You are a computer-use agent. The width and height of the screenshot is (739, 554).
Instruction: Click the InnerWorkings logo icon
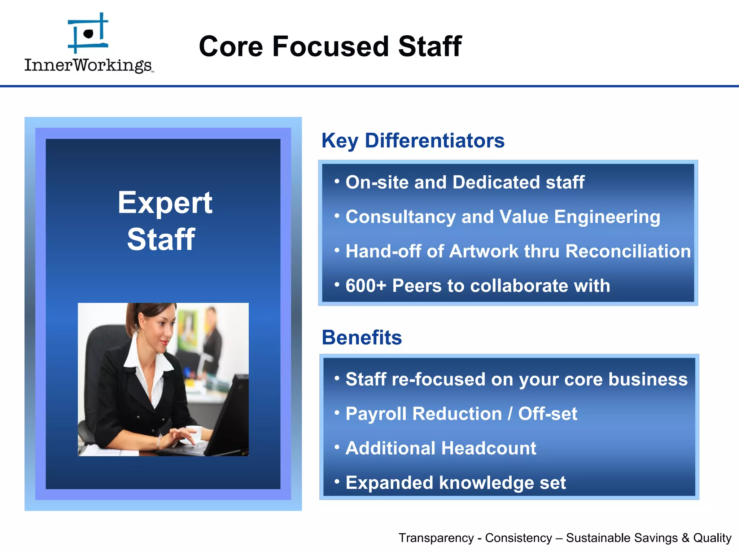pos(88,33)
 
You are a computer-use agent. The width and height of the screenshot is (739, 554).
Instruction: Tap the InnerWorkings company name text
pos(88,65)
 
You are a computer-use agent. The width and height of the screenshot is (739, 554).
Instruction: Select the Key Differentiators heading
pos(413,141)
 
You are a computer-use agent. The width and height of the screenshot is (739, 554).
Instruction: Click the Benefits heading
pos(362,338)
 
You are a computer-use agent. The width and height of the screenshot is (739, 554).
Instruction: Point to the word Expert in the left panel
pos(165,203)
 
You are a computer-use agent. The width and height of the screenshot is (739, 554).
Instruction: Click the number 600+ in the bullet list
pos(366,286)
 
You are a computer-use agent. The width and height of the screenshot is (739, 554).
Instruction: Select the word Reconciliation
pos(628,251)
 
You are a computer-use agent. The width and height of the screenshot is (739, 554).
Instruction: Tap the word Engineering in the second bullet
pos(607,217)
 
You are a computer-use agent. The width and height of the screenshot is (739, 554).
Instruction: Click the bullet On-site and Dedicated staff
pos(465,182)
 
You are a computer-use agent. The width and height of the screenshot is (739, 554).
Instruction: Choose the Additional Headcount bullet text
pos(441,448)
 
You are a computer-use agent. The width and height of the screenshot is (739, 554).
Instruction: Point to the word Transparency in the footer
pos(436,538)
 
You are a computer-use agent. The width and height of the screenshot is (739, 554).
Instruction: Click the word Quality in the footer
pos(712,538)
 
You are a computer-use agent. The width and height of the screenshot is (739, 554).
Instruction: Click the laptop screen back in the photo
pos(231,415)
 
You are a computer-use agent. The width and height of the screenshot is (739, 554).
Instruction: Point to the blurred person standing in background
pos(213,335)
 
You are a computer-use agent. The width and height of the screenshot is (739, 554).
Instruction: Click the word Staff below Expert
pos(161,239)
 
